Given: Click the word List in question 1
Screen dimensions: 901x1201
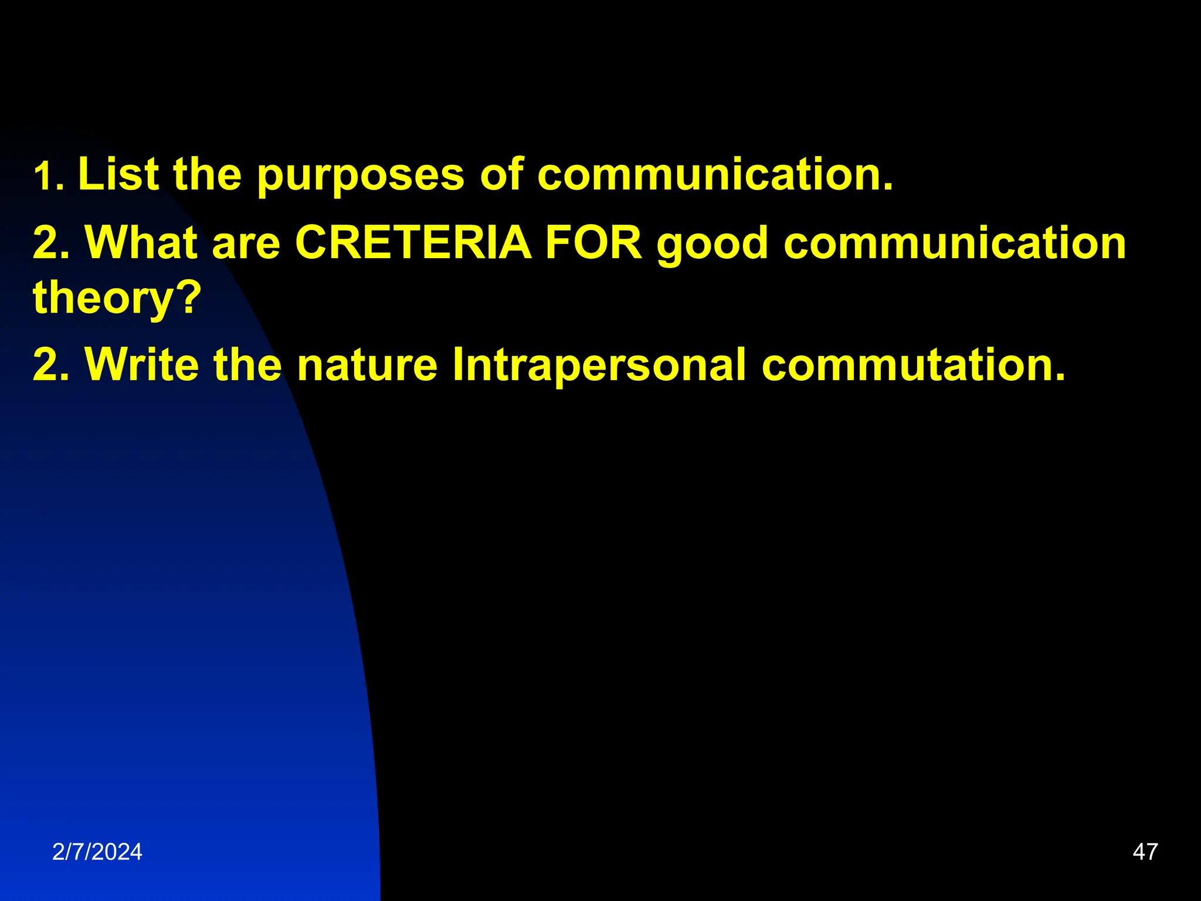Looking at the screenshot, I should click(118, 174).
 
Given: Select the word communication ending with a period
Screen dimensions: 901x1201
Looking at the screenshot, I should click(715, 174).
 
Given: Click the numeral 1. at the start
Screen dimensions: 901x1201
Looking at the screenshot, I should click(48, 177).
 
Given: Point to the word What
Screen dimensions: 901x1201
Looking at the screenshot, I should click(141, 243).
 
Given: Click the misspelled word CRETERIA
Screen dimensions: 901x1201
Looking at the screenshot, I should click(413, 243).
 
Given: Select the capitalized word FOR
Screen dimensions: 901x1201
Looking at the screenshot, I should click(593, 243).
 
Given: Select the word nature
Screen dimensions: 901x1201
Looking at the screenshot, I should click(367, 365).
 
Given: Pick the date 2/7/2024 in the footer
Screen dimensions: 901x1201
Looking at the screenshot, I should click(97, 852).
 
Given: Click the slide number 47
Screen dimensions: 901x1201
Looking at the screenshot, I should click(1145, 852).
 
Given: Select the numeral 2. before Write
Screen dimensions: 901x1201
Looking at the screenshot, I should click(51, 365).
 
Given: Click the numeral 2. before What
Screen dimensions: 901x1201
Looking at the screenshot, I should click(51, 243).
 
